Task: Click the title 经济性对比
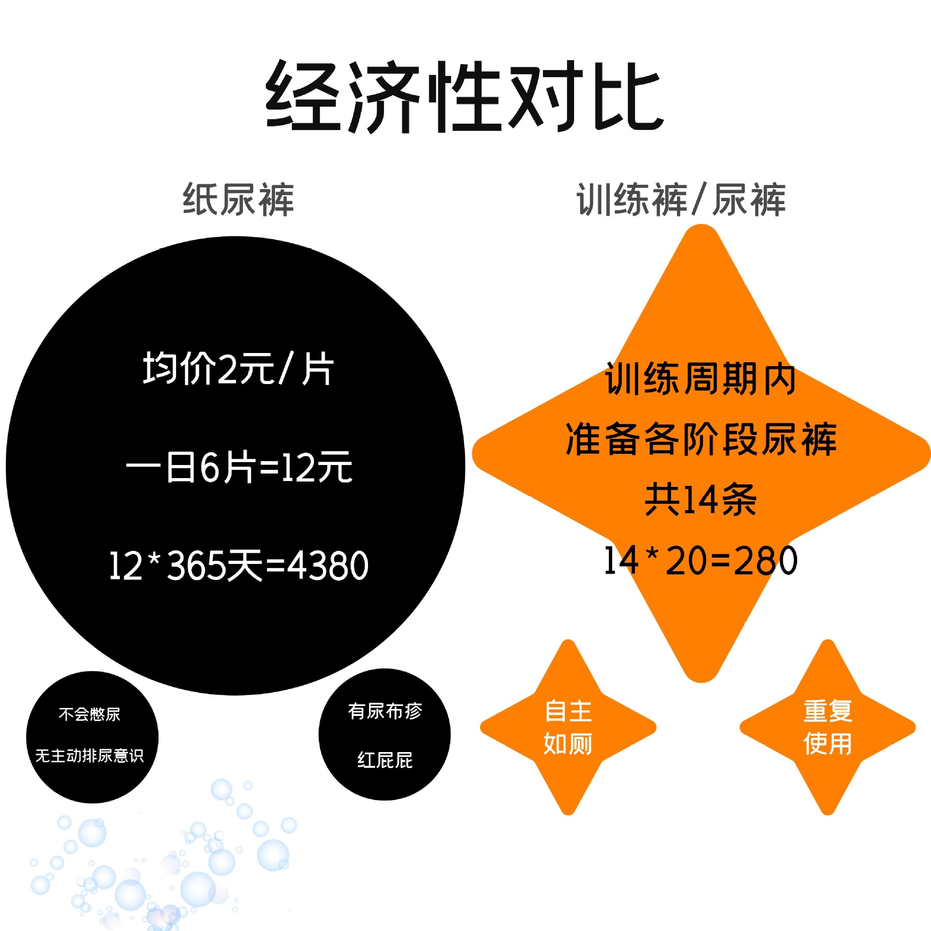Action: (x=465, y=97)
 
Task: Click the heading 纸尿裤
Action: (x=238, y=199)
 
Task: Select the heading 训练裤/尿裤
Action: (x=681, y=199)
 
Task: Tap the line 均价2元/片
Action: (x=238, y=369)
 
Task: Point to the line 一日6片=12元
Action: (x=239, y=467)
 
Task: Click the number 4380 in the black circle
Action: (x=328, y=565)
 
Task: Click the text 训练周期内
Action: (x=700, y=379)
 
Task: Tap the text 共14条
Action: (x=701, y=499)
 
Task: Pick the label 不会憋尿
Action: (x=89, y=714)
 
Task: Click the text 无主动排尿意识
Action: (x=90, y=755)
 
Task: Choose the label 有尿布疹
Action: (x=385, y=711)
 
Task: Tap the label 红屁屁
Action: (x=385, y=760)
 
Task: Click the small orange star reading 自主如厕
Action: (x=568, y=727)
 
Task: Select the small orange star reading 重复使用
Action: (x=828, y=727)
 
